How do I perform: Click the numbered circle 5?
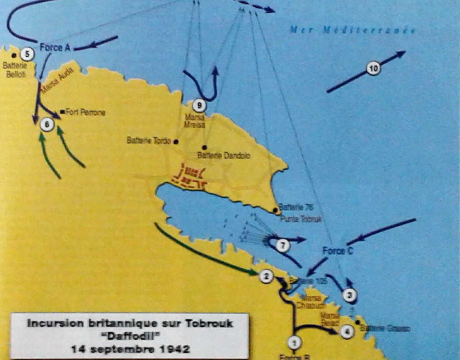point(27,54)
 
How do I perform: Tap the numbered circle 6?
point(47,124)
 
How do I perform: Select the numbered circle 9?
point(199,106)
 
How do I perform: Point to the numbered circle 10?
point(373,68)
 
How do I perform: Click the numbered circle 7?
point(282,245)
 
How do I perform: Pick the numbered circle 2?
point(266,276)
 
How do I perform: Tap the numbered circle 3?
point(350,295)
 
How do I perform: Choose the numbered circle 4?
point(346,332)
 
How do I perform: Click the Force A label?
point(55,47)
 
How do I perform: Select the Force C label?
point(338,251)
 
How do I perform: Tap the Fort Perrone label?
point(85,112)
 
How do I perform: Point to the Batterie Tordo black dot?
point(176,141)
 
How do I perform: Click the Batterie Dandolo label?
point(223,156)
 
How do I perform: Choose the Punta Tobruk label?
point(301,219)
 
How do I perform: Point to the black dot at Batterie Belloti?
point(14,55)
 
